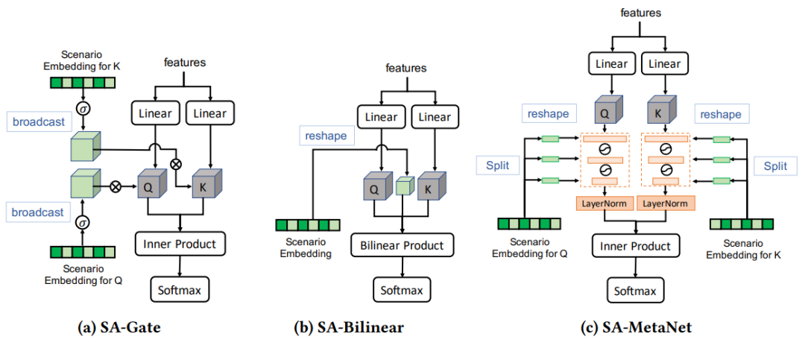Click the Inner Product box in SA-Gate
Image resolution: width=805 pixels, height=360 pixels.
[x=180, y=243]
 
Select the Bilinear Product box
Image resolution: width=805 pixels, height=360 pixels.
[x=402, y=245]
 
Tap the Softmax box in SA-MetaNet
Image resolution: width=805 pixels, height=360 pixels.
[x=636, y=291]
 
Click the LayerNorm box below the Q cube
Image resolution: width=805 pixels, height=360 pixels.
[x=604, y=203]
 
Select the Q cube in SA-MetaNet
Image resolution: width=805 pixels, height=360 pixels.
[x=604, y=113]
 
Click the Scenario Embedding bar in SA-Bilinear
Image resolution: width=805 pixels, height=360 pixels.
[x=307, y=225]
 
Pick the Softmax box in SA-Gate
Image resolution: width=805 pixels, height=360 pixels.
[x=180, y=287]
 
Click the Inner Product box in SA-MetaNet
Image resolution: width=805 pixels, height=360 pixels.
[x=636, y=246]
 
